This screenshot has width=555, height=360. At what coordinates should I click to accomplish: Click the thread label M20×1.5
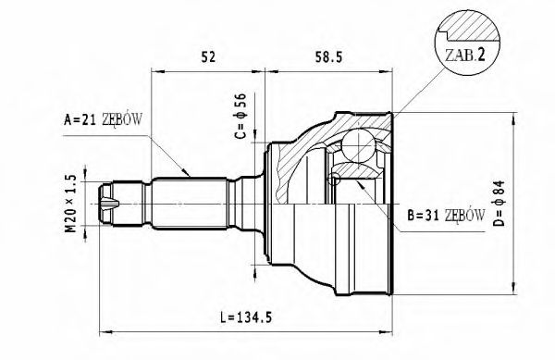pyautogui.click(x=70, y=202)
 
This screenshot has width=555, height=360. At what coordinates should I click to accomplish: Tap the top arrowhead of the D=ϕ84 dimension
pyautogui.click(x=513, y=116)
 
